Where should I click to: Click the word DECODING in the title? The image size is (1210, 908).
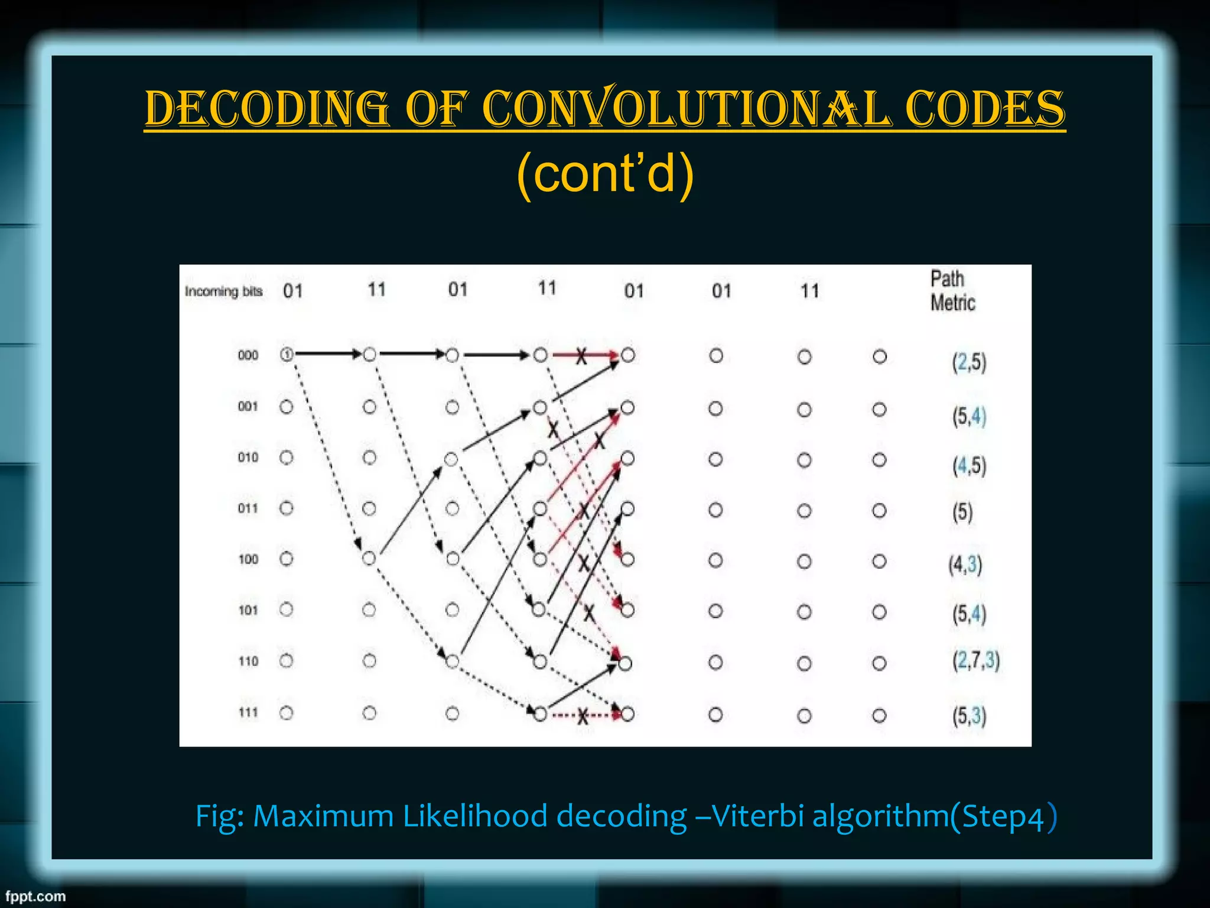[x=267, y=109]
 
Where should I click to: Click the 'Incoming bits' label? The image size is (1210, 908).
[x=223, y=291]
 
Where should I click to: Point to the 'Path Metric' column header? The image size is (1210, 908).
[x=952, y=290]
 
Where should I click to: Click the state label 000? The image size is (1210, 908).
[x=248, y=355]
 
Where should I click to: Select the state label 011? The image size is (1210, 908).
[x=248, y=508]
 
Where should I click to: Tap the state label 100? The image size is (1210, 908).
[x=248, y=559]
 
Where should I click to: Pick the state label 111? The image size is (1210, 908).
[x=248, y=712]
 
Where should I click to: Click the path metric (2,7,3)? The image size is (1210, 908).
[x=975, y=660]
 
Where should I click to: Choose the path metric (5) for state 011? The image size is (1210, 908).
[x=962, y=512]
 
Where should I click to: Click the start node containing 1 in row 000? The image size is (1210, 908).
[x=287, y=355]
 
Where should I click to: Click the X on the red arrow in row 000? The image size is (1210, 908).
[x=581, y=356]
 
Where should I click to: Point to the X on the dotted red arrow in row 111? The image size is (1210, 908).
[x=583, y=716]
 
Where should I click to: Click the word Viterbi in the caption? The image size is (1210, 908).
[x=758, y=816]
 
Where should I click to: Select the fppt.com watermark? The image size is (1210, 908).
[x=35, y=896]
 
